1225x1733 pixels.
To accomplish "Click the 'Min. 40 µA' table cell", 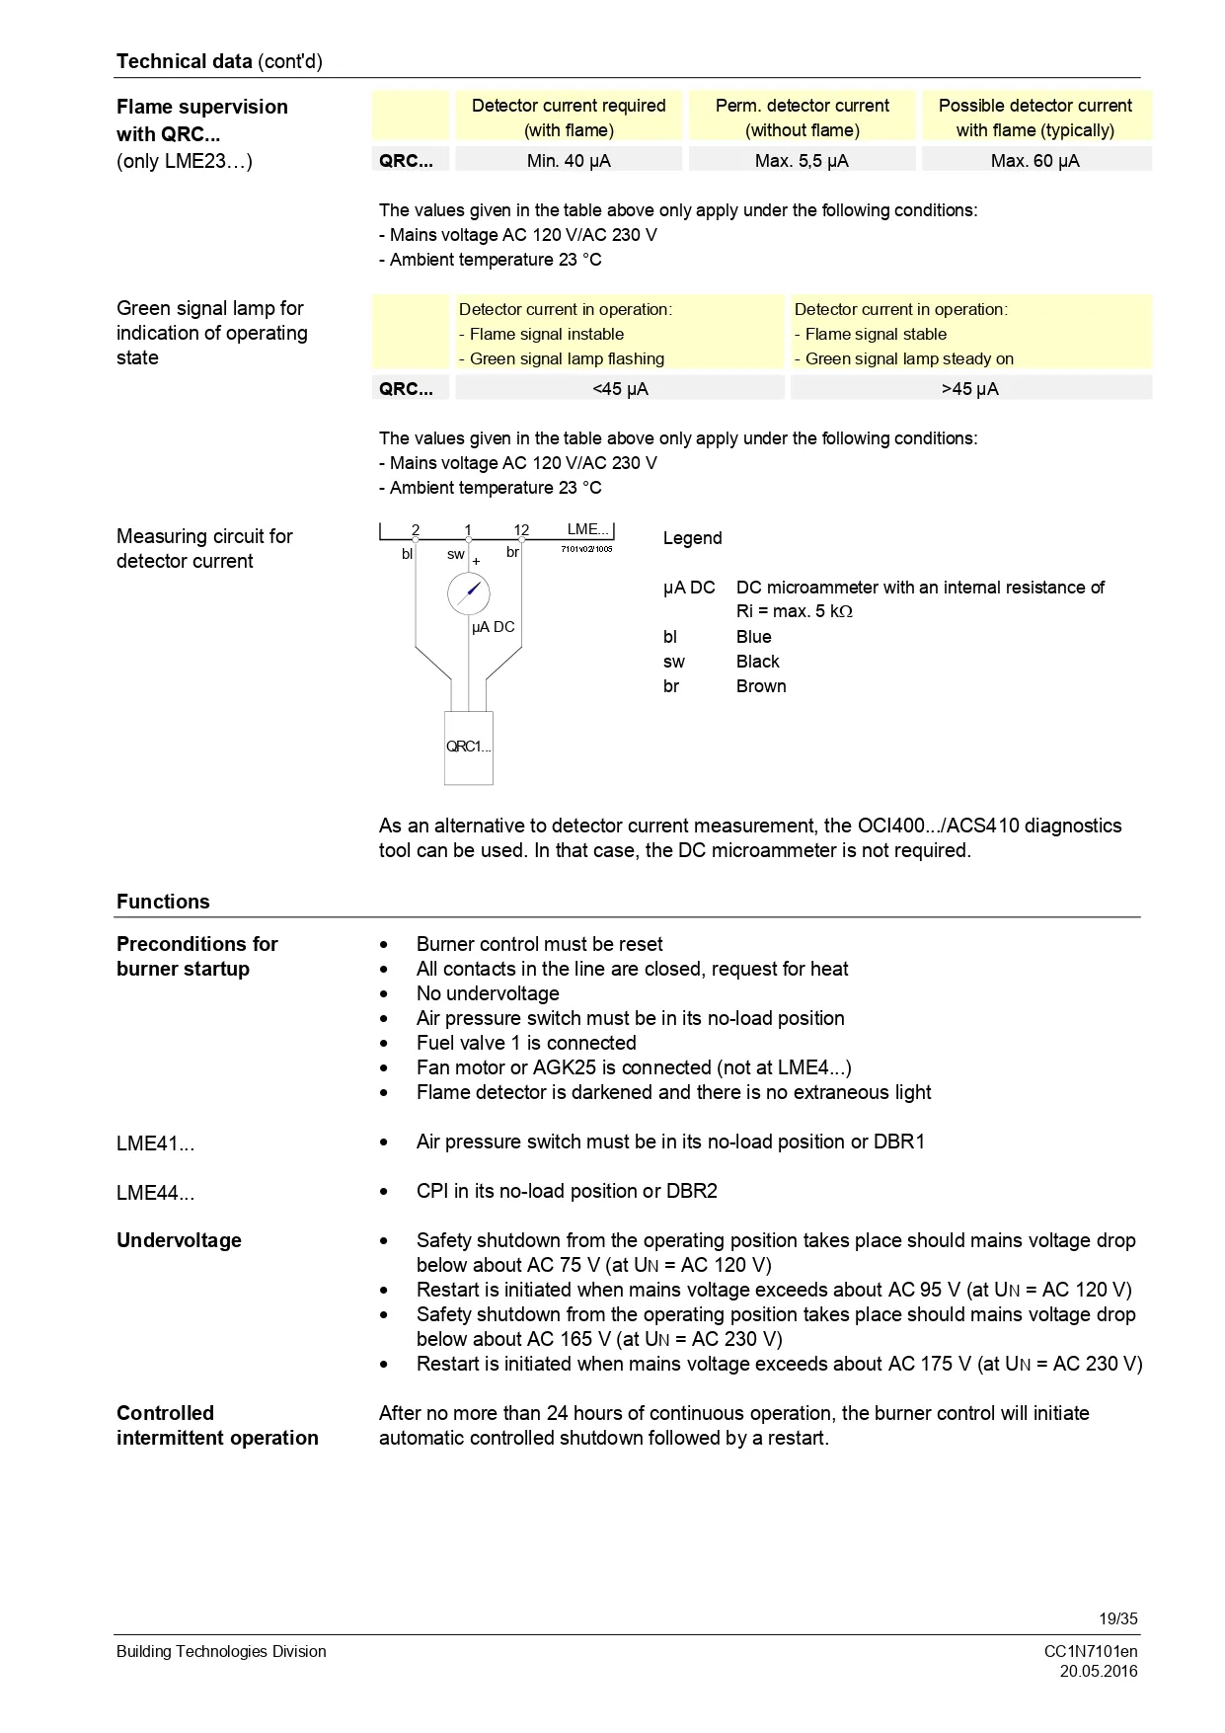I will tap(569, 160).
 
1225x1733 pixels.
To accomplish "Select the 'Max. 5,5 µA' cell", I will tap(802, 160).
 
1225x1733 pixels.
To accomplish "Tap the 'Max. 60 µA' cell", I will tap(1034, 160).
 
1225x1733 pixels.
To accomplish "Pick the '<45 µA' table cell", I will tap(620, 388).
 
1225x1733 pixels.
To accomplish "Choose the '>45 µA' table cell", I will tap(970, 388).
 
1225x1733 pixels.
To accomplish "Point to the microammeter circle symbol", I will tap(468, 593).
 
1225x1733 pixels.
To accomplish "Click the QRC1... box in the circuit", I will tap(468, 748).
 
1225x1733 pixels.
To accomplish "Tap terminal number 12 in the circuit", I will tap(521, 530).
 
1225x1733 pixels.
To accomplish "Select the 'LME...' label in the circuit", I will tap(588, 529).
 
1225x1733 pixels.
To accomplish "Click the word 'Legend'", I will tap(692, 538).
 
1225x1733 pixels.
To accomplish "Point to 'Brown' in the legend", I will tap(761, 686).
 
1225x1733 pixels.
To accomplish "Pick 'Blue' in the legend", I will tap(753, 637).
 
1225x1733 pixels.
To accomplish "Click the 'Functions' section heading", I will tap(163, 902).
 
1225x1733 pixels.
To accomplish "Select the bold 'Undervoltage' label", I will tap(179, 1240).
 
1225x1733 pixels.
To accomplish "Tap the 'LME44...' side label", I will tap(155, 1193).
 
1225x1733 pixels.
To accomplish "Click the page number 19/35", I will tap(1118, 1618).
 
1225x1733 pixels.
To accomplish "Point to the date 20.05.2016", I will tap(1099, 1672).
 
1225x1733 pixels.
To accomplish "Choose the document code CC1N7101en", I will tap(1091, 1651).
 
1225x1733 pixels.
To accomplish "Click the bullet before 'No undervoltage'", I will tap(384, 994).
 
